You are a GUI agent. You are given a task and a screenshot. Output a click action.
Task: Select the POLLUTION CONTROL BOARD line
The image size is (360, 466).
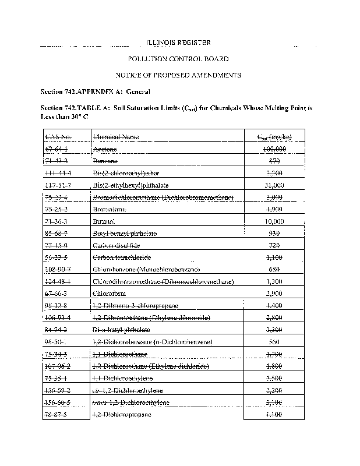pyautogui.click(x=178, y=59)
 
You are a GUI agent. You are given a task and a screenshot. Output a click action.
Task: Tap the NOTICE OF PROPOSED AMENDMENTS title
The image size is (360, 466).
pyautogui.click(x=178, y=75)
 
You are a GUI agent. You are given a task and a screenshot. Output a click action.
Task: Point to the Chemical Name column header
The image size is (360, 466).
pyautogui.click(x=116, y=137)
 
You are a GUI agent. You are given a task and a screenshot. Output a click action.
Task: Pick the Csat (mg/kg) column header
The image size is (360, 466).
pyautogui.click(x=274, y=137)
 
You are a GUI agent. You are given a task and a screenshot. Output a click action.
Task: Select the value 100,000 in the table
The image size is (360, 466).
pyautogui.click(x=274, y=149)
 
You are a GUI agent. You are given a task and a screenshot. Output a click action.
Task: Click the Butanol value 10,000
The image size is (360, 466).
pyautogui.click(x=273, y=221)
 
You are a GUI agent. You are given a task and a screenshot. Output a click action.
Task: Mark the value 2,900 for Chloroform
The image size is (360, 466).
pyautogui.click(x=273, y=294)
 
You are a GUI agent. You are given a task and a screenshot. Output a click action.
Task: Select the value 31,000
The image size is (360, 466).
pyautogui.click(x=273, y=185)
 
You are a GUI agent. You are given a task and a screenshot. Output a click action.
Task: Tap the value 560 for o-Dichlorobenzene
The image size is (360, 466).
pyautogui.click(x=273, y=341)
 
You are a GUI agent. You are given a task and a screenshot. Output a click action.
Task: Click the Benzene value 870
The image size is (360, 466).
pyautogui.click(x=273, y=161)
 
